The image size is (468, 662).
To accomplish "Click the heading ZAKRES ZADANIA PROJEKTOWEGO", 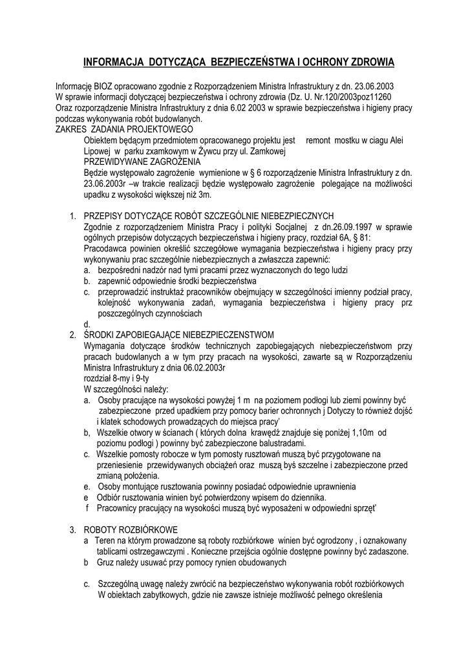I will point(111,129).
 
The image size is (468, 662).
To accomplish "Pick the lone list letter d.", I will point(87,323).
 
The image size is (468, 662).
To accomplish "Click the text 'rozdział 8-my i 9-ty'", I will point(116,378).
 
